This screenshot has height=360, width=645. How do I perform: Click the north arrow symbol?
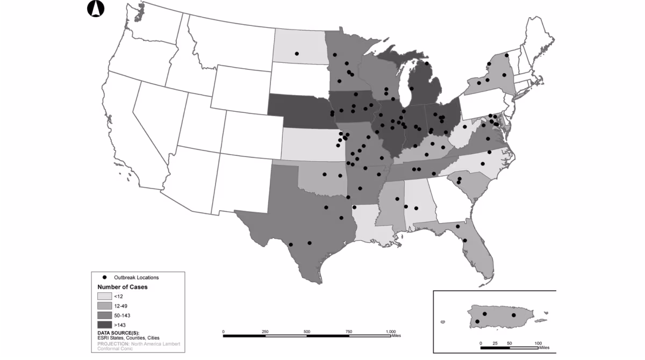click(95, 8)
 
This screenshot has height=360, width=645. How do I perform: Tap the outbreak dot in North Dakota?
click(296, 54)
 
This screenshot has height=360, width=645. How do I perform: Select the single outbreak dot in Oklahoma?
click(325, 174)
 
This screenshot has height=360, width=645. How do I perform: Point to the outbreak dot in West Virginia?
click(464, 127)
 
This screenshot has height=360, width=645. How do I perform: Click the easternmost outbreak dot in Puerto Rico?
click(513, 315)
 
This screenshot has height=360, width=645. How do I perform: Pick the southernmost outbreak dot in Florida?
click(464, 240)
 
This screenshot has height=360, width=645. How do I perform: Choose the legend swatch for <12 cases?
click(104, 296)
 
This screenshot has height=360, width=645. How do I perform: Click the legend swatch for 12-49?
click(104, 306)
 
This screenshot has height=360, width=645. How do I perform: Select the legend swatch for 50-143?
click(104, 315)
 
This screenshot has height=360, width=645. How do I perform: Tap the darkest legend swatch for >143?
click(104, 325)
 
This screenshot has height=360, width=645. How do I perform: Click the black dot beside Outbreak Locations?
click(104, 277)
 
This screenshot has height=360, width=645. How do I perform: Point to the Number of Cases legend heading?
click(122, 287)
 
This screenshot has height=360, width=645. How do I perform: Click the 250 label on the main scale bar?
click(265, 332)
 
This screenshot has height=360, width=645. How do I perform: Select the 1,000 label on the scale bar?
click(391, 332)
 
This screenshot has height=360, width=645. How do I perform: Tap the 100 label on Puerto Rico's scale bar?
click(537, 342)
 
